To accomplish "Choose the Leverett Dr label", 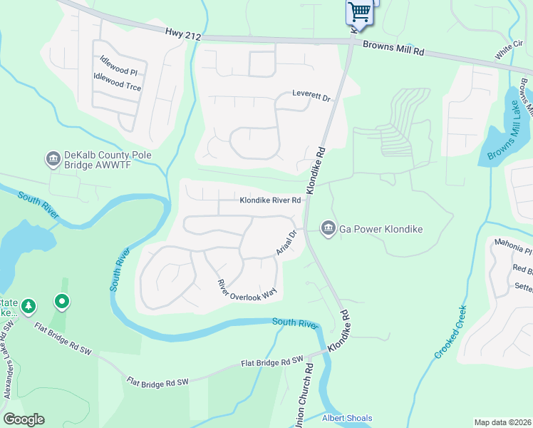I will coord(312,96).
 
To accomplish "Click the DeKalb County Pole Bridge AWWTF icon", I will coord(53,159).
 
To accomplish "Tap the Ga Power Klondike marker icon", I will coord(328,228).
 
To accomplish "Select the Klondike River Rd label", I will coord(269,201).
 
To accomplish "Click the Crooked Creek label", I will coord(450,332).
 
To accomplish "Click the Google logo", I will coord(24,419).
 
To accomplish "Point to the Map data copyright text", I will coord(502,422).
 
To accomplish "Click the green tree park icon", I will coord(29,306).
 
